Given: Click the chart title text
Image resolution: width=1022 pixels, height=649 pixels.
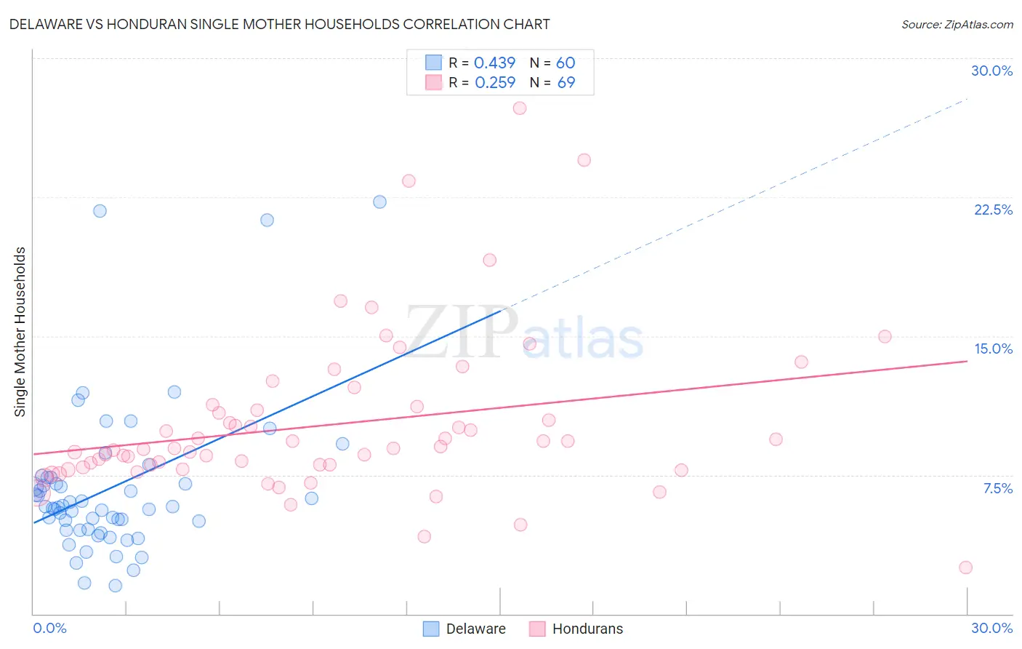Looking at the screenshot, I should tap(280, 24).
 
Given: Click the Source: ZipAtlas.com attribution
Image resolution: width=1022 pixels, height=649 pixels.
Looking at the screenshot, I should tap(957, 24).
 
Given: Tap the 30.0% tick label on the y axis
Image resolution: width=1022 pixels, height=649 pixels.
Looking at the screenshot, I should tap(991, 71).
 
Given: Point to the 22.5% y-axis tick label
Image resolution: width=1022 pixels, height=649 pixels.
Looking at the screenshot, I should tap(993, 210).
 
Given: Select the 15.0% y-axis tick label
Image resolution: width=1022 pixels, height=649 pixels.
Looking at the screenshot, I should tap(993, 349).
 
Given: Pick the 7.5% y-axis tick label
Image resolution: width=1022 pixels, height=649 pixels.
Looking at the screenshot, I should tap(997, 488).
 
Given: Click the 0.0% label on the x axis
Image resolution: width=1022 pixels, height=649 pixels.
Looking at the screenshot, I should tap(49, 628).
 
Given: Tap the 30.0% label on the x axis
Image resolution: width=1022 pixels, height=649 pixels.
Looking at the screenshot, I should tap(991, 628).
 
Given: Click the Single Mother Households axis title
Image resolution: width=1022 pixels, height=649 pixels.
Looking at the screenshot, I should tap(20, 332).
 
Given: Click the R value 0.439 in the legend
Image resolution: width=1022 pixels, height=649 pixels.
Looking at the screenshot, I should tap(494, 63).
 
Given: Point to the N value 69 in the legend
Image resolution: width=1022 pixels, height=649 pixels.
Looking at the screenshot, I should tap(566, 83).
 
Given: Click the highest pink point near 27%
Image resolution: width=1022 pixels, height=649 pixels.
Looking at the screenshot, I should tap(519, 108).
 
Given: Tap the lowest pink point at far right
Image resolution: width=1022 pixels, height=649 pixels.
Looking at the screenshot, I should tap(965, 568).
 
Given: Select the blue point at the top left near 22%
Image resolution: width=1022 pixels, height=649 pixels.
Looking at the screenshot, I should tap(100, 211).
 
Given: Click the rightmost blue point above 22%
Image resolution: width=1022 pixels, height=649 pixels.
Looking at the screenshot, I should tap(379, 202).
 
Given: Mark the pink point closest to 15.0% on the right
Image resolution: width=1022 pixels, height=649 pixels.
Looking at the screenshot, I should tap(885, 336).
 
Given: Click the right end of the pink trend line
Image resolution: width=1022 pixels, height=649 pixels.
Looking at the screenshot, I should tap(967, 361).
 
